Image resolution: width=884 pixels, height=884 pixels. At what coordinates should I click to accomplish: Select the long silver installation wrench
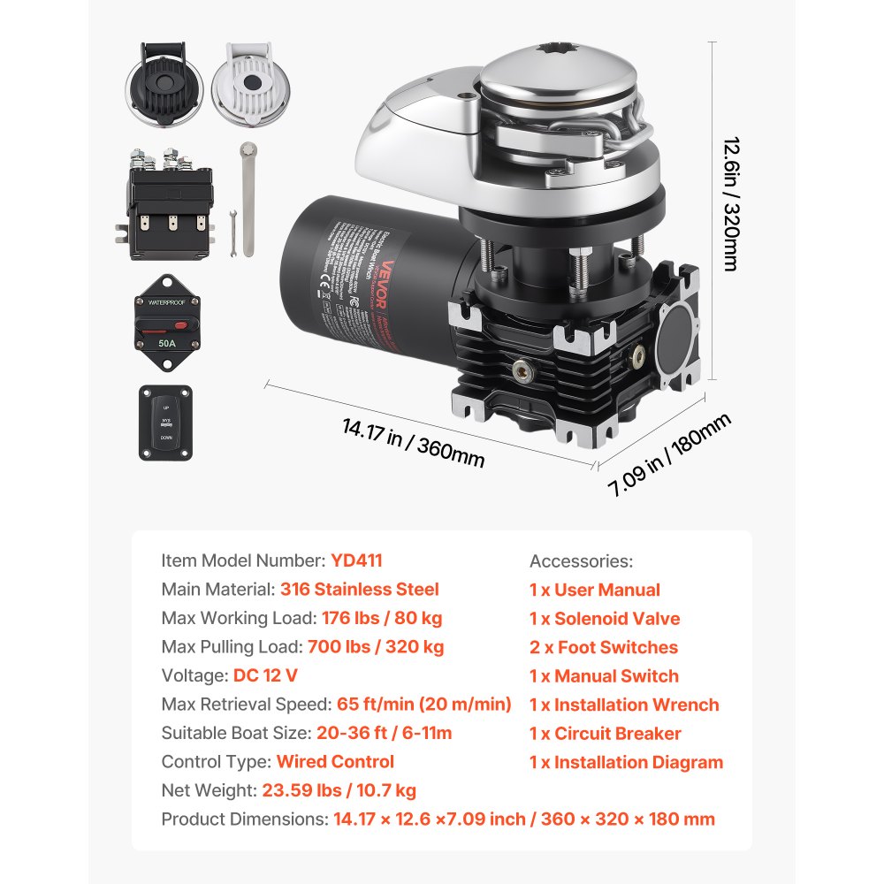248,199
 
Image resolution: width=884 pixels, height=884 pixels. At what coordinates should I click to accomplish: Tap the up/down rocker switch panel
166,422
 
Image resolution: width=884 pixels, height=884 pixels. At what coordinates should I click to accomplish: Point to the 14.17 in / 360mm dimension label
413,442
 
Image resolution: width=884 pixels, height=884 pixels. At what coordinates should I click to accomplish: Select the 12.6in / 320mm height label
730,203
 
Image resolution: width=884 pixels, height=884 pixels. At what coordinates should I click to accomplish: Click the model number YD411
356,560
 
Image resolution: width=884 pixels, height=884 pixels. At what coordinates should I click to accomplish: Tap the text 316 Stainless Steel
359,590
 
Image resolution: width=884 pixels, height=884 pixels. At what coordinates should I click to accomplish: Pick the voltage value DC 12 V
265,675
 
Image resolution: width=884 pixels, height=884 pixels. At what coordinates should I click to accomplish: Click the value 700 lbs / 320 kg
376,647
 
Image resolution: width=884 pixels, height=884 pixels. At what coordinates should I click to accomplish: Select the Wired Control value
335,762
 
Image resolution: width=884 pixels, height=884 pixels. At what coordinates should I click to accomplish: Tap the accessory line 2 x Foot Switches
604,647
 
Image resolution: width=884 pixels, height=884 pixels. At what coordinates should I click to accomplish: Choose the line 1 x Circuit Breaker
605,734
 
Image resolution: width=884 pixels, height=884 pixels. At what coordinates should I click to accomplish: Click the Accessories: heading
581,561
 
